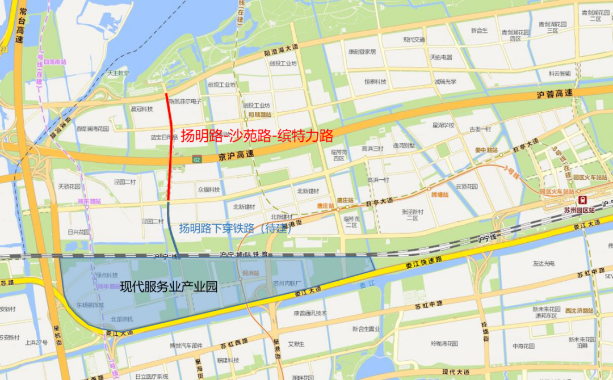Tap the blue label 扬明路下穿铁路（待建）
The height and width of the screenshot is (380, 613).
pos(236,229)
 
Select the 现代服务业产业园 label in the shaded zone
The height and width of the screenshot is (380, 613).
pos(169,287)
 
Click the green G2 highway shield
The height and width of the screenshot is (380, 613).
pos(197,159)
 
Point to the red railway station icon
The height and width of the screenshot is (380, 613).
pos(582,200)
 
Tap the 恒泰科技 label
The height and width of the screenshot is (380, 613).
pos(375,82)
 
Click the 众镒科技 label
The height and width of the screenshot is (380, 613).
pos(208,189)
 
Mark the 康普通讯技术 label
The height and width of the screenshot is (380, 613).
pos(310,313)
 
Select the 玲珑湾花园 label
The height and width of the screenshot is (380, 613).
pos(444,343)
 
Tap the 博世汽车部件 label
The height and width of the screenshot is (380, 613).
pos(186,346)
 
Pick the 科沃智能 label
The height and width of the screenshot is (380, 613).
pos(560,73)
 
